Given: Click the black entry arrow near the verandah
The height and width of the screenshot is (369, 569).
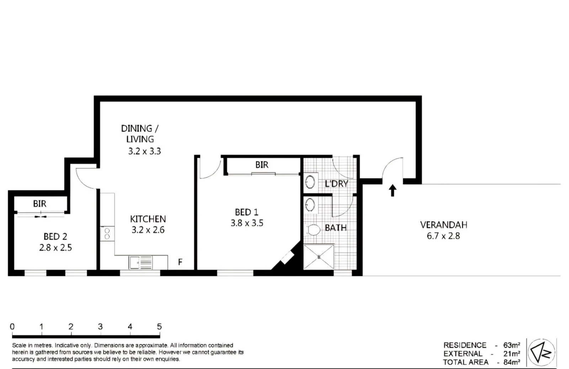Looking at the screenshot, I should [x=392, y=190].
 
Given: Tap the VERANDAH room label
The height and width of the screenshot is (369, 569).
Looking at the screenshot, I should [x=443, y=225].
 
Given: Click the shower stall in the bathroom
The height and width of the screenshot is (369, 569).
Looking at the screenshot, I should [x=319, y=257].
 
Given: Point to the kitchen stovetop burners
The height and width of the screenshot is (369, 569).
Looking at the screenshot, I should [x=107, y=233].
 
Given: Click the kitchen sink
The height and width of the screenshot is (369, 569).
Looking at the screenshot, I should [x=141, y=263].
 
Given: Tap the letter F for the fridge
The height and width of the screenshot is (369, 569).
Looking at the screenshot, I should [x=180, y=262].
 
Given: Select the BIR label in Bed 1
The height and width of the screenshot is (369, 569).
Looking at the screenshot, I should [x=262, y=165].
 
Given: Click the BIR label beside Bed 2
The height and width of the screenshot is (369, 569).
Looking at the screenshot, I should [x=39, y=204].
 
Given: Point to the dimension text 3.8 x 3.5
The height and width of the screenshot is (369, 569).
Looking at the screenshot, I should [x=247, y=223].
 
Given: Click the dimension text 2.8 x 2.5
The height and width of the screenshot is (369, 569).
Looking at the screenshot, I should [x=55, y=247].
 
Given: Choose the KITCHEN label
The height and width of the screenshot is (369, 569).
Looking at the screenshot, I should [x=148, y=219].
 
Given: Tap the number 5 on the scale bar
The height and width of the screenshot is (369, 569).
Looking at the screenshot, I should [x=159, y=326].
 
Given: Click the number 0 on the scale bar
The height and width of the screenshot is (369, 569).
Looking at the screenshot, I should [x=12, y=326].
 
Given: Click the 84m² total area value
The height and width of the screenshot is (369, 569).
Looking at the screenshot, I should [x=511, y=362].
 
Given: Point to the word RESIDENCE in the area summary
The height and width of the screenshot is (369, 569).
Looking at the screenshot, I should [x=465, y=345].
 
